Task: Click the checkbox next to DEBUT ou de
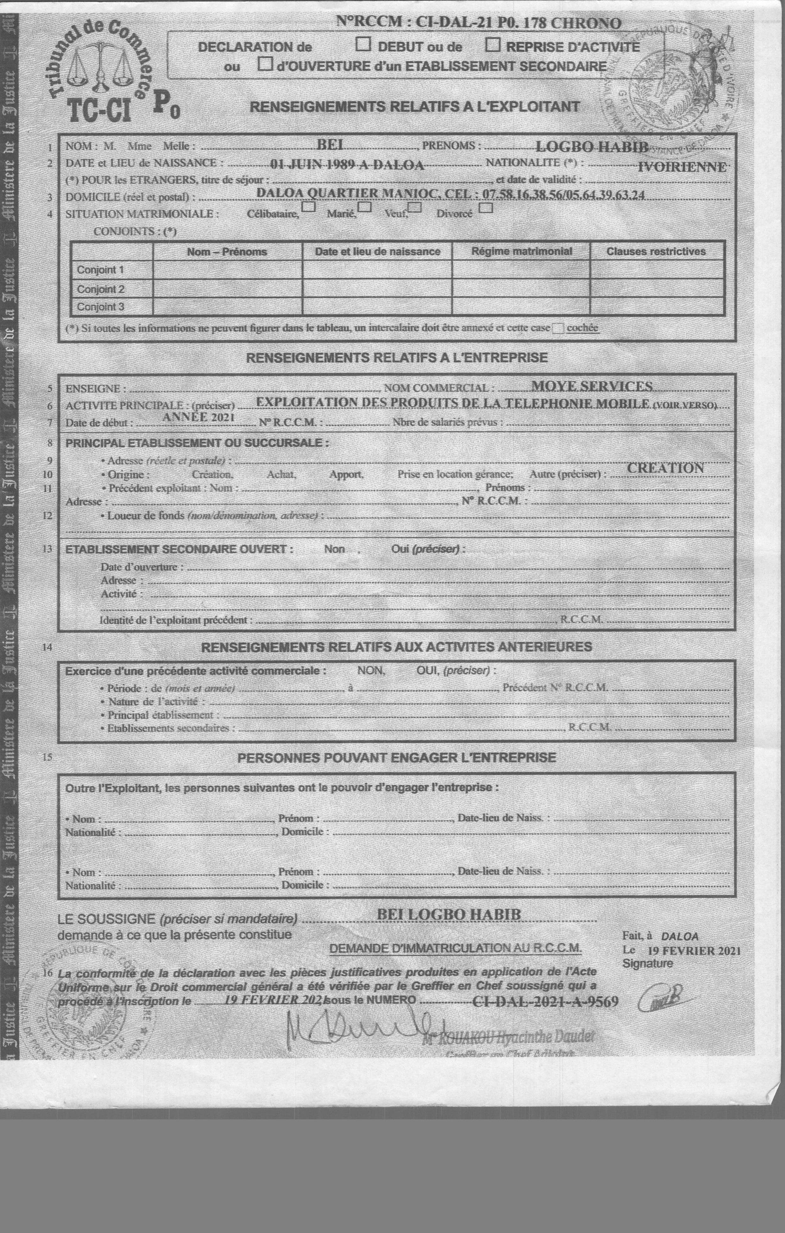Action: [363, 45]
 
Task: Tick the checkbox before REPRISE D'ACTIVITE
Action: [493, 45]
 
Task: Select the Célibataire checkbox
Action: [309, 207]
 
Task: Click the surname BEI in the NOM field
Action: [330, 146]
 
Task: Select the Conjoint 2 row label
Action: [100, 289]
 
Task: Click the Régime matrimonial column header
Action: [521, 252]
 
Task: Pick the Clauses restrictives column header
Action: [656, 252]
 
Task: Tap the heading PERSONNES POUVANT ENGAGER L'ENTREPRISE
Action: [397, 757]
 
